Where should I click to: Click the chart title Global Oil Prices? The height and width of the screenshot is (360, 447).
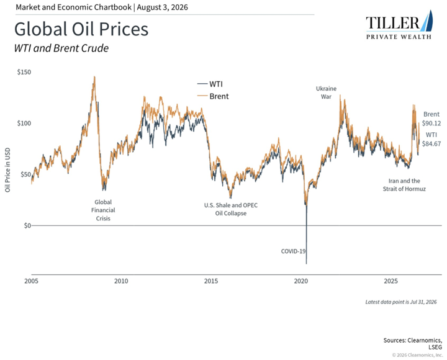81,29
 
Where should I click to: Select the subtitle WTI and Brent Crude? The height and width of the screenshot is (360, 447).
61,48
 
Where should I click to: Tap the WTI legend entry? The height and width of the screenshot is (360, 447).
210,84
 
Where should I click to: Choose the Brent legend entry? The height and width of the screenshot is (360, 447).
213,96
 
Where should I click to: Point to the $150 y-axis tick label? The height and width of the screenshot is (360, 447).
24,72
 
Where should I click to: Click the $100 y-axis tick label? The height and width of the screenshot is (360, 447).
24,124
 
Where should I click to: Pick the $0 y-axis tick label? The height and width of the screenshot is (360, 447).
27,226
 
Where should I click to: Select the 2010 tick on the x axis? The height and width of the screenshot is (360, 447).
121,281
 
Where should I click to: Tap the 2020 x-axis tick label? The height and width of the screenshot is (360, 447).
301,281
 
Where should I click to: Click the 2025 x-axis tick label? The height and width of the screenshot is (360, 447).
391,281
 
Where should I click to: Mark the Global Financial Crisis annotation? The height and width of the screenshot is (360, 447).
103,210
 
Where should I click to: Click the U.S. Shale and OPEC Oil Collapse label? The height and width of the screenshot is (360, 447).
231,209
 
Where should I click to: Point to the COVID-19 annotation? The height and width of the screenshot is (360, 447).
293,251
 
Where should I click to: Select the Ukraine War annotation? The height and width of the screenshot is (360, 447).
326,92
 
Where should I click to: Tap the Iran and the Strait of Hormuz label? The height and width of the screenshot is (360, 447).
404,185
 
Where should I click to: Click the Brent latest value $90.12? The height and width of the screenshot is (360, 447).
431,124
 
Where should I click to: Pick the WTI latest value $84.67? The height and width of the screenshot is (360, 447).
431,144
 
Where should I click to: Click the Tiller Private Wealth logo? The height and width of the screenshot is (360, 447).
399,25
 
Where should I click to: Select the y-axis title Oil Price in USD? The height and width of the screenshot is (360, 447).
7,170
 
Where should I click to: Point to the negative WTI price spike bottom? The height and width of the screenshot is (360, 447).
307,264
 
